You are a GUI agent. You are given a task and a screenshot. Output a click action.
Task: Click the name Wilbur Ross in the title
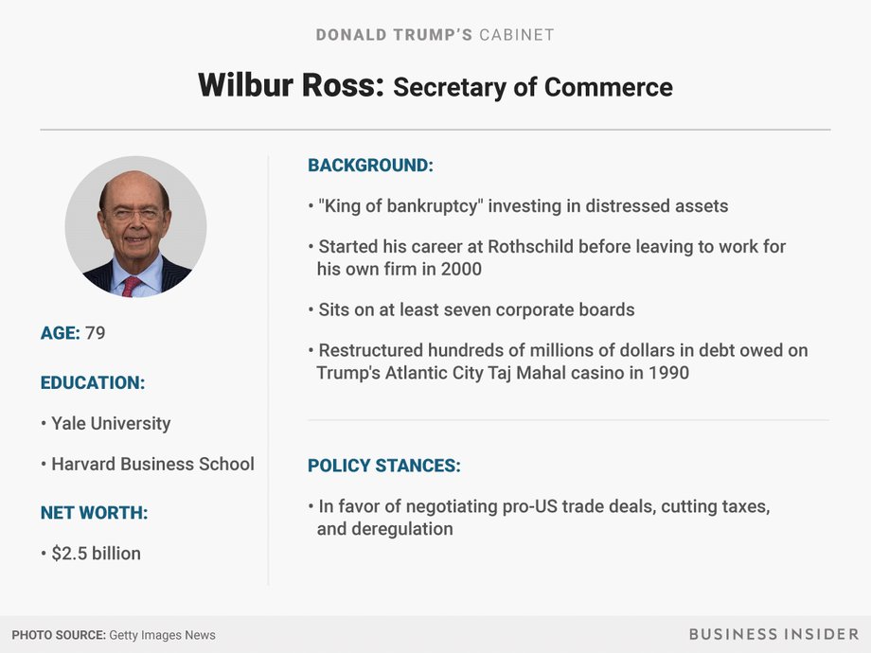pyautogui.click(x=291, y=85)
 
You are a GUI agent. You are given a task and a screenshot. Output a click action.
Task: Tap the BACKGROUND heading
pyautogui.click(x=370, y=166)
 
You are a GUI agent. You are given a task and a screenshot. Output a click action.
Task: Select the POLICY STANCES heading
pyautogui.click(x=384, y=466)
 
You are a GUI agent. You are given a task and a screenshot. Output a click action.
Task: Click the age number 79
pyautogui.click(x=95, y=333)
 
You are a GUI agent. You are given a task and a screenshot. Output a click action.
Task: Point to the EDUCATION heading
pyautogui.click(x=93, y=383)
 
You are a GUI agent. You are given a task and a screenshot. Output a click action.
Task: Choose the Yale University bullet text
pyautogui.click(x=111, y=424)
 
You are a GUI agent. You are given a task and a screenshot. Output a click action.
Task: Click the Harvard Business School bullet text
pyautogui.click(x=152, y=465)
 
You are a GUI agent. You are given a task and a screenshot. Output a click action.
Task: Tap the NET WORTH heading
pyautogui.click(x=95, y=513)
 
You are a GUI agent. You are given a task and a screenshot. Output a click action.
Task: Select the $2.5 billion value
pyautogui.click(x=97, y=554)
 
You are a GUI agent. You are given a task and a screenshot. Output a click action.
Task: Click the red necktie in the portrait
pyautogui.click(x=131, y=286)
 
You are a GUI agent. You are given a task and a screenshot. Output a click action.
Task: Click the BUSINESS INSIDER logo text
pyautogui.click(x=773, y=634)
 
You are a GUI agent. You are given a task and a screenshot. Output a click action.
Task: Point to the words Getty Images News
pyautogui.click(x=162, y=635)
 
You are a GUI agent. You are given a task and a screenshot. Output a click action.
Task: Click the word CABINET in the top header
pyautogui.click(x=517, y=35)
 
